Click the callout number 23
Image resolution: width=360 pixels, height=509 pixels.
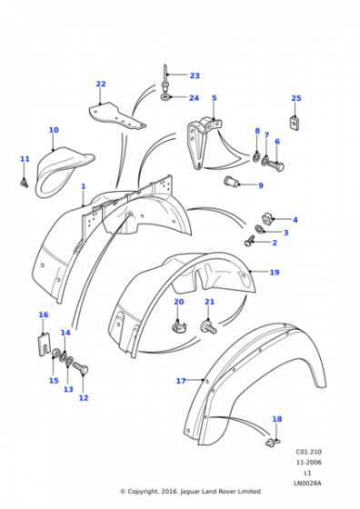[x=195, y=75]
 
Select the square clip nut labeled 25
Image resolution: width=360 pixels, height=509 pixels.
[x=295, y=124]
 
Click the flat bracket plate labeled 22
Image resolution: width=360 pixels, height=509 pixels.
[x=117, y=116]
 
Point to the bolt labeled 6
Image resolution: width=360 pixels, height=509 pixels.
[x=276, y=165]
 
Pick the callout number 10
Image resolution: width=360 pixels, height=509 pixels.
[x=54, y=130]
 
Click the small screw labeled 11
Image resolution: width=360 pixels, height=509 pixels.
[x=25, y=184]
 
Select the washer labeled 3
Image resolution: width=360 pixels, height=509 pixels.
[x=260, y=229]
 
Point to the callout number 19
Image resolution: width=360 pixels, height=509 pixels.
[x=275, y=272]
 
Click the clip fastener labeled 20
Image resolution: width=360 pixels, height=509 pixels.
[x=178, y=325]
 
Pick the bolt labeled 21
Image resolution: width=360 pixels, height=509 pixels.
[x=208, y=327]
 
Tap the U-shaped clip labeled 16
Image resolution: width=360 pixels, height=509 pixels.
[x=44, y=345]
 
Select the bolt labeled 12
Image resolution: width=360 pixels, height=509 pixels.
[x=81, y=368]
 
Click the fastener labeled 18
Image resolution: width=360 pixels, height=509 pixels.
[x=272, y=442]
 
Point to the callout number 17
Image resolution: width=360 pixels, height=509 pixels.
[x=181, y=381]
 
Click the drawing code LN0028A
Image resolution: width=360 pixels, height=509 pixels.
[x=307, y=484]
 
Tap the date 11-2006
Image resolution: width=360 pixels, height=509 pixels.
[x=308, y=463]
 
